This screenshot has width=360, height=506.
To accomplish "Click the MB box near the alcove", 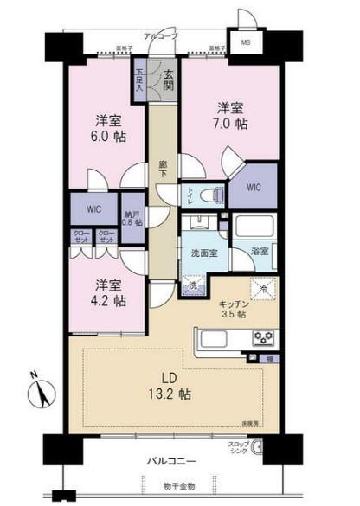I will [246, 42].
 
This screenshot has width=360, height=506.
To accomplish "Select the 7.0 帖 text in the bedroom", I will [230, 125].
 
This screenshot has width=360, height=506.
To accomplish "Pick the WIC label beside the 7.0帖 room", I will [253, 186].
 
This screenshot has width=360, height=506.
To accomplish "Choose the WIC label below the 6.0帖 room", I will [94, 208].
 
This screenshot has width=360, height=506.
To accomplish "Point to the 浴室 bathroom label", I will [260, 251].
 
